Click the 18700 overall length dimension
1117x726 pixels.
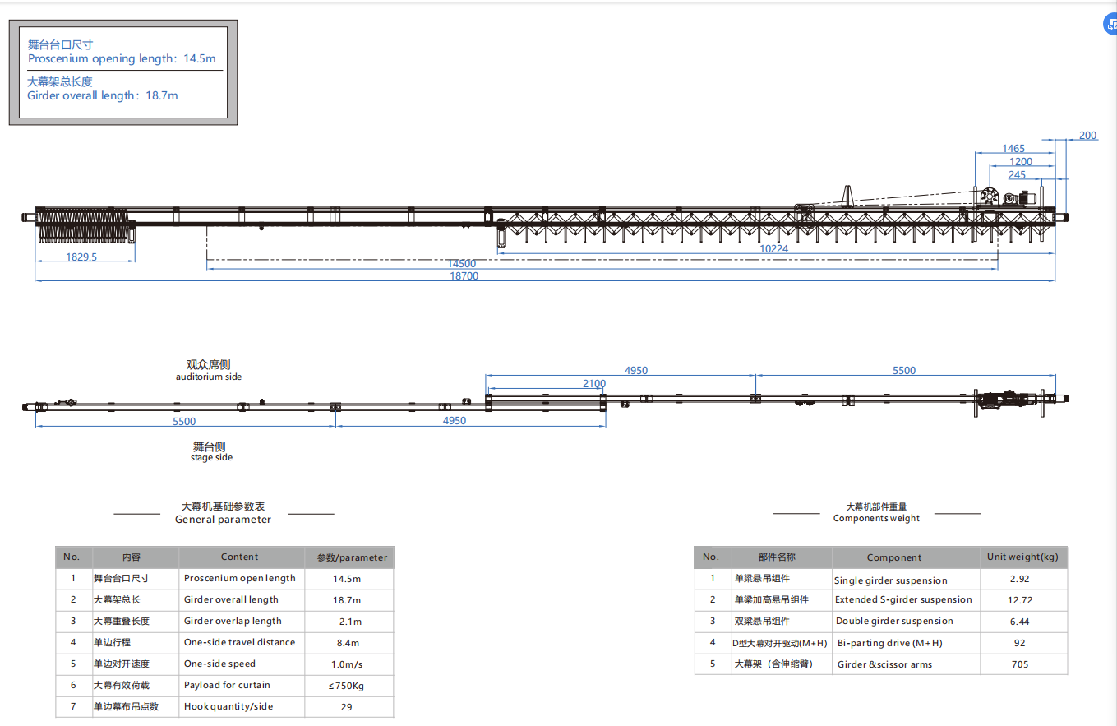click(464, 276)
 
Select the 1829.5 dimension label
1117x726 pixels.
click(81, 257)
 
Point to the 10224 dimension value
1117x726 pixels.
click(773, 248)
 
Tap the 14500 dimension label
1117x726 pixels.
click(461, 263)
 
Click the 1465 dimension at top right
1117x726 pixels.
click(1013, 148)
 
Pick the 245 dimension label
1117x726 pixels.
click(1017, 174)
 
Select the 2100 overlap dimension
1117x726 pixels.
click(594, 383)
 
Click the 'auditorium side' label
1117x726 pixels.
click(209, 377)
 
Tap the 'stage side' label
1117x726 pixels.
click(211, 458)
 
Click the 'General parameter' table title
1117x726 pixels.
click(223, 519)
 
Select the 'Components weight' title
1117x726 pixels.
click(876, 518)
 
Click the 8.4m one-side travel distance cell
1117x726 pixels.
click(348, 643)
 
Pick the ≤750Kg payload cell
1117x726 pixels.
click(346, 686)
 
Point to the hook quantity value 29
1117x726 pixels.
click(347, 707)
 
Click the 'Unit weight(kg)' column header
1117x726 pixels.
click(1022, 557)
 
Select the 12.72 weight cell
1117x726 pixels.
click(1020, 599)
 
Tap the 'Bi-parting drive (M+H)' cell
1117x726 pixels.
click(890, 643)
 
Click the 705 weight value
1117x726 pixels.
click(1020, 664)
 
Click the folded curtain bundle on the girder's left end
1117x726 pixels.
click(82, 225)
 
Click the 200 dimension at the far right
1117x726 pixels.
click(1087, 135)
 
